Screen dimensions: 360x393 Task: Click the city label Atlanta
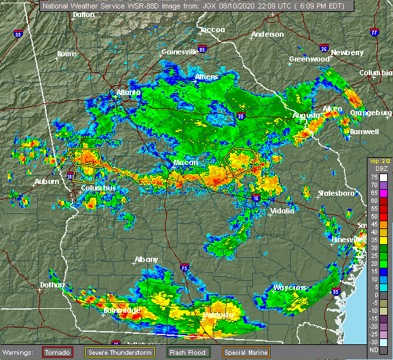[x=128, y=92]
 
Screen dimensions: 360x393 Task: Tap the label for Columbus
[x=99, y=189]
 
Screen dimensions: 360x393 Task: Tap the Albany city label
[x=146, y=260]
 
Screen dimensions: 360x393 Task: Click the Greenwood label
[x=309, y=59]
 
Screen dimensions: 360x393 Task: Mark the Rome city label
[x=66, y=54]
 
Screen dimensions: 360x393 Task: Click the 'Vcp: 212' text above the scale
[x=379, y=160]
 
